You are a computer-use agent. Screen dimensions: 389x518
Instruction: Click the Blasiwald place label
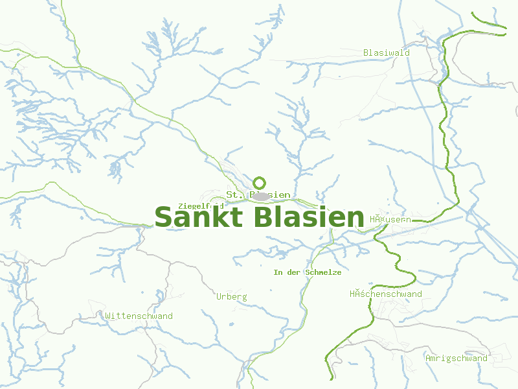click(x=386, y=53)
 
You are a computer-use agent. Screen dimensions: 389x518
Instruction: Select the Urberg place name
click(x=231, y=296)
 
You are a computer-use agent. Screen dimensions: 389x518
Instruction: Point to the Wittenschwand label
click(x=139, y=316)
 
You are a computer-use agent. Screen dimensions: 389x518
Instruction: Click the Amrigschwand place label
click(x=456, y=358)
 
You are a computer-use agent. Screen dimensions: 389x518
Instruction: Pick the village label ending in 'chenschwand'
click(x=385, y=294)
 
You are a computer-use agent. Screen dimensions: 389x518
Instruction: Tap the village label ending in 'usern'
click(x=390, y=220)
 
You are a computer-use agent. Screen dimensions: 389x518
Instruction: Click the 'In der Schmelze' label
click(x=307, y=272)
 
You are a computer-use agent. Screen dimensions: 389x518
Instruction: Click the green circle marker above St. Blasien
click(x=260, y=183)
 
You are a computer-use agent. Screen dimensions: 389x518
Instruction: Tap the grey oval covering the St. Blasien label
click(x=260, y=195)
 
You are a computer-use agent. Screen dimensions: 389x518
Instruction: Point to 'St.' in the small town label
click(x=233, y=194)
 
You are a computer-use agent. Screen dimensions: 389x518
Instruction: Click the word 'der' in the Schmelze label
click(x=294, y=272)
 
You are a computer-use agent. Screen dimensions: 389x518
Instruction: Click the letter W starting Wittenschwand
click(x=107, y=316)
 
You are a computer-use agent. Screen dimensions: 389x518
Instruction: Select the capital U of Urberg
click(x=219, y=296)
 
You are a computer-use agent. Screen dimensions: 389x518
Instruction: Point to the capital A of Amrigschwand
click(x=428, y=358)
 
